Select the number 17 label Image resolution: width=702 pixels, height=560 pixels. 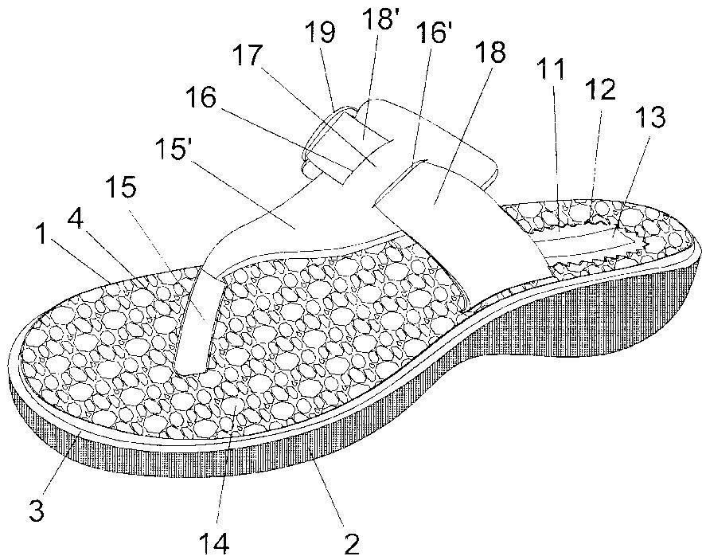coord(248,56)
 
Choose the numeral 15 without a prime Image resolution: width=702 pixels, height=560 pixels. coord(122,187)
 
